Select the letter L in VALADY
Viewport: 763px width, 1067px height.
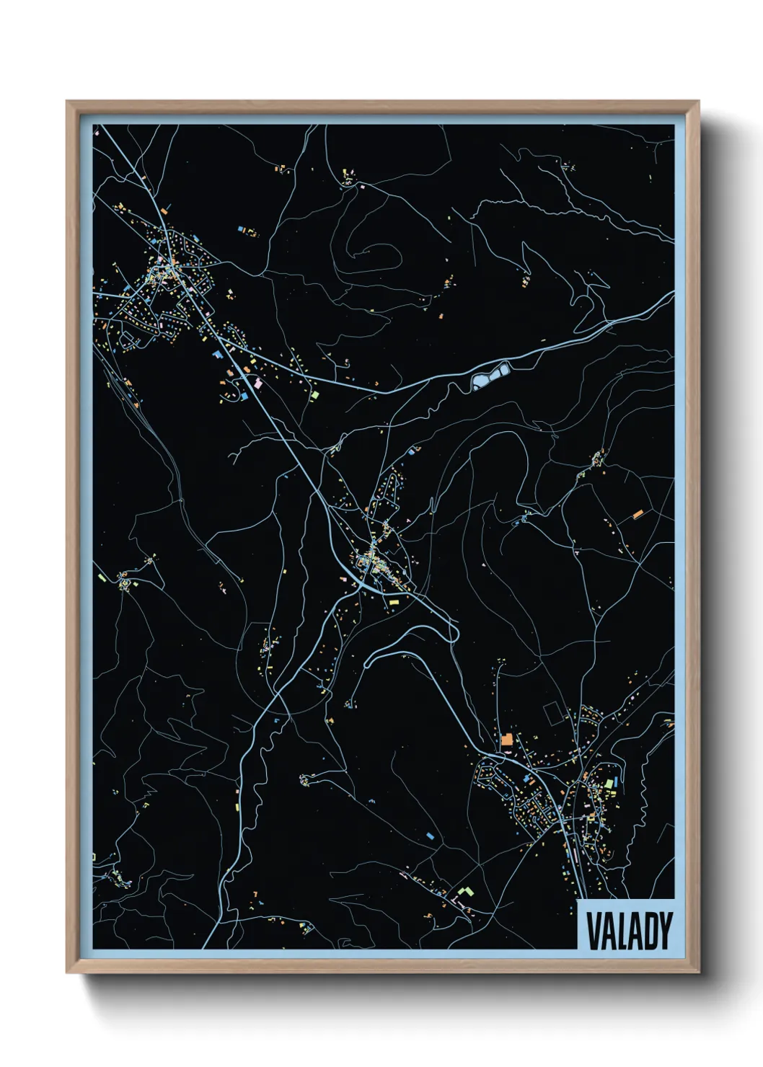[622, 931]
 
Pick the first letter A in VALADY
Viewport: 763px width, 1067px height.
[608, 931]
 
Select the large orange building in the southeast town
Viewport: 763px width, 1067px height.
[507, 739]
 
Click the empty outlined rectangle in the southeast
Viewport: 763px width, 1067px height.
[555, 714]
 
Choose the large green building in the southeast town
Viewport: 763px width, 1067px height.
[609, 784]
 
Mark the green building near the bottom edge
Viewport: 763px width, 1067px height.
[464, 892]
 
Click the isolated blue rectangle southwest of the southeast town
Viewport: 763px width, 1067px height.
[431, 836]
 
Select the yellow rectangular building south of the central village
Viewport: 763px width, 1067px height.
[394, 600]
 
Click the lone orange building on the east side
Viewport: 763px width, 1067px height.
[638, 514]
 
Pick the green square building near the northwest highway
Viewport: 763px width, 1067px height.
[314, 395]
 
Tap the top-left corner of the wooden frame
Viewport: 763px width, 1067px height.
[68, 102]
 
